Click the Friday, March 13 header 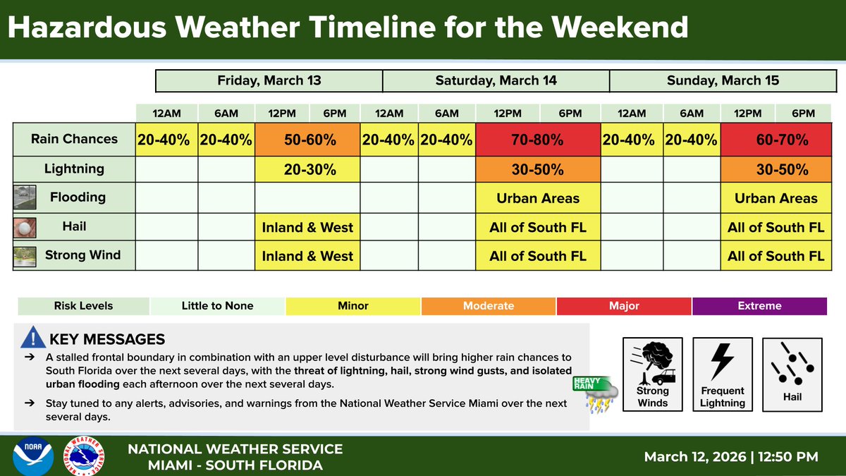[269, 80]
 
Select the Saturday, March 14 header [496, 80]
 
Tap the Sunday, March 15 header [723, 80]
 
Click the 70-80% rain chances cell [538, 140]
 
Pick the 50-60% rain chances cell [307, 140]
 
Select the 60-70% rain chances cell [776, 140]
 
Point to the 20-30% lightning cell [307, 169]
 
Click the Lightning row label [74, 169]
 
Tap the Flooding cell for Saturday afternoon [538, 198]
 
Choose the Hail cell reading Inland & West [307, 227]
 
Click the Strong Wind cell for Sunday [776, 256]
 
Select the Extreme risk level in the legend [759, 306]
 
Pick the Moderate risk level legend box [489, 306]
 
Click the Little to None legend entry [217, 306]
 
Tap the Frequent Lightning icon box [723, 374]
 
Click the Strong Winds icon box [652, 374]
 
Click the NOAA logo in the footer [32, 456]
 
